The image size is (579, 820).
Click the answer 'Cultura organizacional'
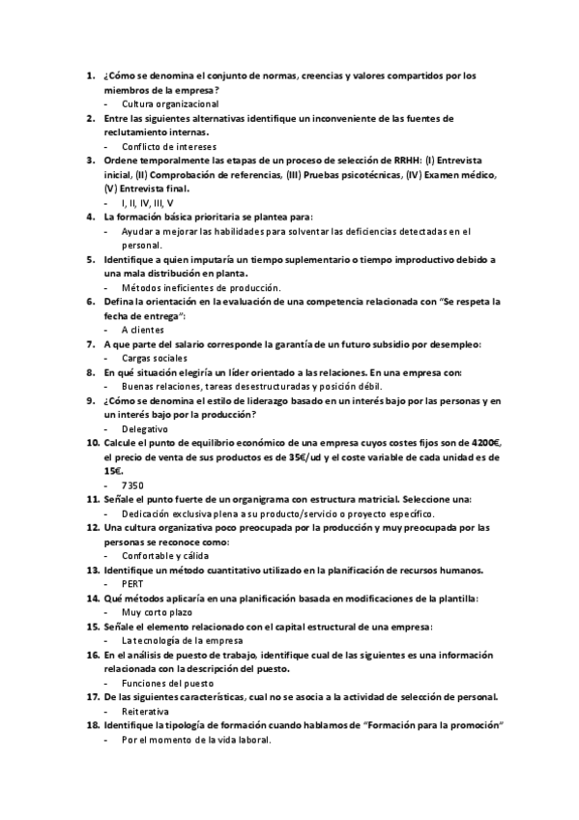pyautogui.click(x=170, y=102)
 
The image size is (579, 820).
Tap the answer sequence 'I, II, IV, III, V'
pyautogui.click(x=148, y=203)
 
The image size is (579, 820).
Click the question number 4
pyautogui.click(x=90, y=218)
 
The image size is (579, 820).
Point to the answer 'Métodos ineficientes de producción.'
pyautogui.click(x=201, y=287)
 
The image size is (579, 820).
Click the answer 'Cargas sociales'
pyautogui.click(x=155, y=358)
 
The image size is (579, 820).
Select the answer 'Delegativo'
pyautogui.click(x=145, y=428)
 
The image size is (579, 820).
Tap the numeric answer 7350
pyautogui.click(x=133, y=484)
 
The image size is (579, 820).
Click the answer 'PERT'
pyautogui.click(x=132, y=584)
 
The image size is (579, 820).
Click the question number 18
pyautogui.click(x=92, y=725)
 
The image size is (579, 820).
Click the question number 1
pyautogui.click(x=90, y=75)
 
